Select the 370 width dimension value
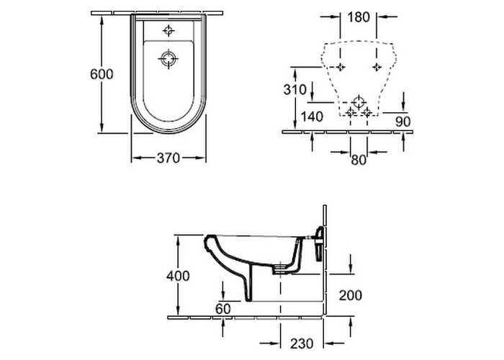click(168, 157)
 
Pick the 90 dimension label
click(402, 121)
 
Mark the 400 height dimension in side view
click(178, 275)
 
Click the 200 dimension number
click(350, 294)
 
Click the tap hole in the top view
click(168, 30)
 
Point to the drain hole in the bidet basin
click(168, 59)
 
